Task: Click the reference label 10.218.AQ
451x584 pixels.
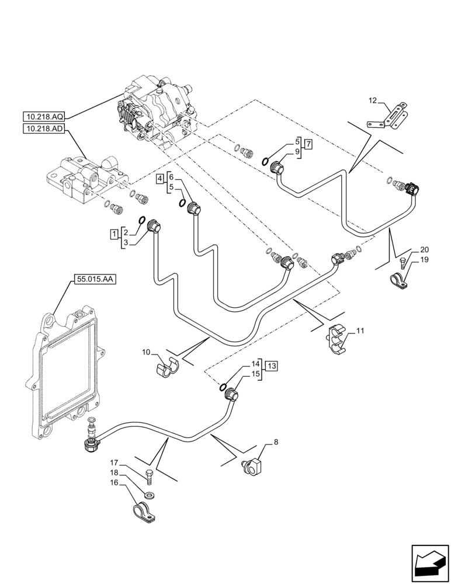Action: (x=45, y=116)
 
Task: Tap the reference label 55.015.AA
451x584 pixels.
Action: (x=95, y=280)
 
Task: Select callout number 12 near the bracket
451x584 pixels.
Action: (x=373, y=100)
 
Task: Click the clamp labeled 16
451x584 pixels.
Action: (x=144, y=513)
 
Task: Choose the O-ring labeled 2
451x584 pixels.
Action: (x=141, y=220)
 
